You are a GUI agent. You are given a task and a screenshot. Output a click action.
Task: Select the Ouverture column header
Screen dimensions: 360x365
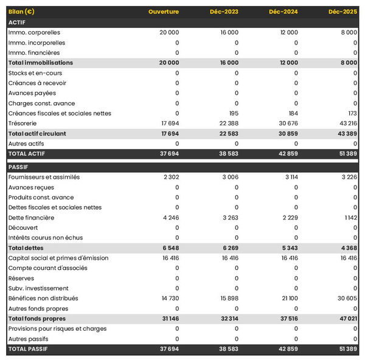164,12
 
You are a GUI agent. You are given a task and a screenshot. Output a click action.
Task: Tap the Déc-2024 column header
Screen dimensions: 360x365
282,12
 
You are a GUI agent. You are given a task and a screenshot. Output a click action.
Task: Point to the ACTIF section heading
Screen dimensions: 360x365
17,22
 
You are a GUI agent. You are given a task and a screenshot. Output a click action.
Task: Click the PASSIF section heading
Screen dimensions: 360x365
18,167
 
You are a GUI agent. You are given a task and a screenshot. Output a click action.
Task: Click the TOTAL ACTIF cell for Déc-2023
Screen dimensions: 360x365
227,154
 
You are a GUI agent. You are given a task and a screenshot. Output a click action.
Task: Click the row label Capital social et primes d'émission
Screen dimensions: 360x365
58,258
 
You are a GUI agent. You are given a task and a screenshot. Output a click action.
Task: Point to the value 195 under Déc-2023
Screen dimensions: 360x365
233,114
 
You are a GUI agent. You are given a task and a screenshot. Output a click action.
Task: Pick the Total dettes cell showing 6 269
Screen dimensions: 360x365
228,248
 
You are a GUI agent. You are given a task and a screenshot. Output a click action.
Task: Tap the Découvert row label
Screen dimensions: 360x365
24,227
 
